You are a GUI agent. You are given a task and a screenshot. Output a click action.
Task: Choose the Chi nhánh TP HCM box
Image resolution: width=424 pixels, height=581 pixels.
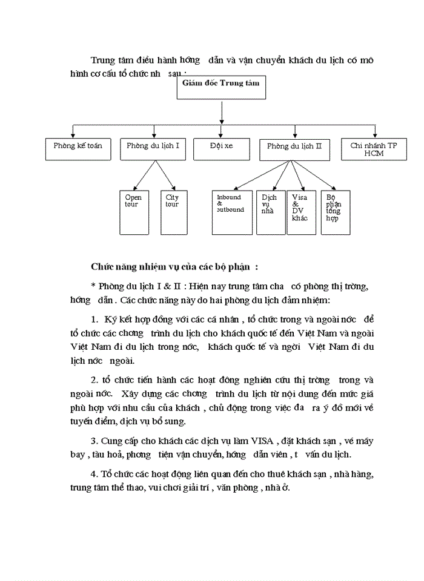tap(374, 149)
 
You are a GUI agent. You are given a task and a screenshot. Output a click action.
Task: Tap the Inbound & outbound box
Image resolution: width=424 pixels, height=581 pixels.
tap(231, 212)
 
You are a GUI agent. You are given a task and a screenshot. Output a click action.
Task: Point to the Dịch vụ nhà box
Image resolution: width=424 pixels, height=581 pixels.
tap(270, 212)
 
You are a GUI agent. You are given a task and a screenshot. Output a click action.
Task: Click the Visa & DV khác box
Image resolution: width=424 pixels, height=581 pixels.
tap(300, 212)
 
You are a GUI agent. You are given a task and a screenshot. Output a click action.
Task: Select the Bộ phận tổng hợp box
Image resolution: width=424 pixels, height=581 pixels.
tap(335, 212)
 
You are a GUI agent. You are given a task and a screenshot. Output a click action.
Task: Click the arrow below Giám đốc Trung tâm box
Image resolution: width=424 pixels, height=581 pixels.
tap(222, 113)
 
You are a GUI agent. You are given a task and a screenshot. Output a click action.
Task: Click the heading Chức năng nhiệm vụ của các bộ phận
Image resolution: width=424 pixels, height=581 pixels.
tap(174, 266)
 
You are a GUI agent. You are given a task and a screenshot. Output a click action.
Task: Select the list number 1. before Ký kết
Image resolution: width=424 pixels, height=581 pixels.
tap(94, 318)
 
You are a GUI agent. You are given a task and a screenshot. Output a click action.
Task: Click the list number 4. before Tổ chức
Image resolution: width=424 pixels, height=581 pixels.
tap(93, 472)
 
